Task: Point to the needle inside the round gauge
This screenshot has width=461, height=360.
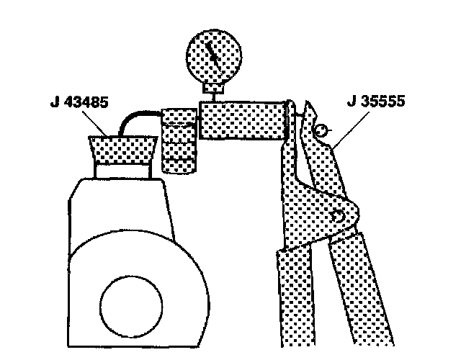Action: point(210,51)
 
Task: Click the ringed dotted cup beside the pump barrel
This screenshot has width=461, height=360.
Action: point(177,140)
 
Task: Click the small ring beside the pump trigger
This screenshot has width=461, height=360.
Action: point(322,130)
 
